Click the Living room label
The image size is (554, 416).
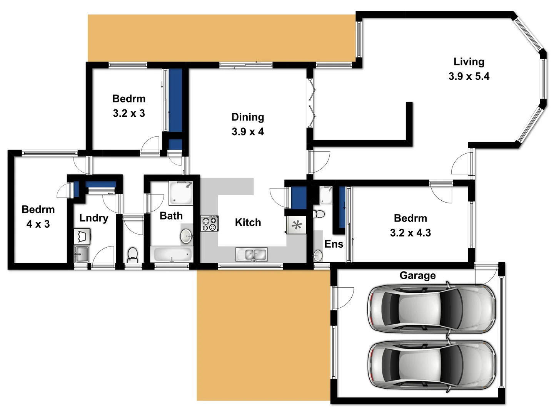(469, 62)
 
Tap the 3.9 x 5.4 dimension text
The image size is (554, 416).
(469, 76)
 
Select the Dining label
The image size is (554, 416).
(247, 117)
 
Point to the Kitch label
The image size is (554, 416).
(248, 222)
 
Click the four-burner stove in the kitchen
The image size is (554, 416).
(209, 223)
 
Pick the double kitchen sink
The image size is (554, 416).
(251, 254)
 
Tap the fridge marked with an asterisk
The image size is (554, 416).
(296, 225)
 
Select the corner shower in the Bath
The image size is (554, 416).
(180, 193)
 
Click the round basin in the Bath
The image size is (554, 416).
(187, 236)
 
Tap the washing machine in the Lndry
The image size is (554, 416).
(82, 237)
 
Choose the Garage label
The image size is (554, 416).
(417, 275)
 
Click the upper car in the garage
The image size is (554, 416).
(431, 309)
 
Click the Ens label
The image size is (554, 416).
(334, 244)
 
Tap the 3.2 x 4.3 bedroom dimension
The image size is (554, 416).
(410, 233)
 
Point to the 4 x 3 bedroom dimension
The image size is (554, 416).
(38, 224)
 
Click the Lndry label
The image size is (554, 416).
(93, 218)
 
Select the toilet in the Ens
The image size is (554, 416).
(319, 214)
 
